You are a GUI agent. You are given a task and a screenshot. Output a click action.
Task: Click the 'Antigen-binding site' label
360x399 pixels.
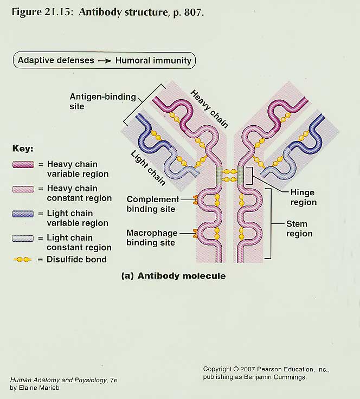(102, 101)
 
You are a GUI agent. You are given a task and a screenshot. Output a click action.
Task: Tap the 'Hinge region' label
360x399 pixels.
(303, 197)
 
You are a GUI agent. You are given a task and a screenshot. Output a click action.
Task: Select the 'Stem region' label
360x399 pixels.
(299, 229)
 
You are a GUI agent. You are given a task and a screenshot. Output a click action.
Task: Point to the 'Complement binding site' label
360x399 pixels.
(152, 204)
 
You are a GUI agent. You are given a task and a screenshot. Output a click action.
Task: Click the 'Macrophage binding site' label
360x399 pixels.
(152, 237)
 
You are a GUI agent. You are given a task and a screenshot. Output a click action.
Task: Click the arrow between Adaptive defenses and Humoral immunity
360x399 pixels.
(105, 61)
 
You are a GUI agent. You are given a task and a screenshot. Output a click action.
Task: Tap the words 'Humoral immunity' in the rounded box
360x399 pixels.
(153, 60)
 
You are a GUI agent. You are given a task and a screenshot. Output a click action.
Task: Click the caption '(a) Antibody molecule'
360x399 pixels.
(173, 276)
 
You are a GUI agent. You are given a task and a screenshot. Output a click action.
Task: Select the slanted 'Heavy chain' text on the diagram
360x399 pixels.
(209, 108)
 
